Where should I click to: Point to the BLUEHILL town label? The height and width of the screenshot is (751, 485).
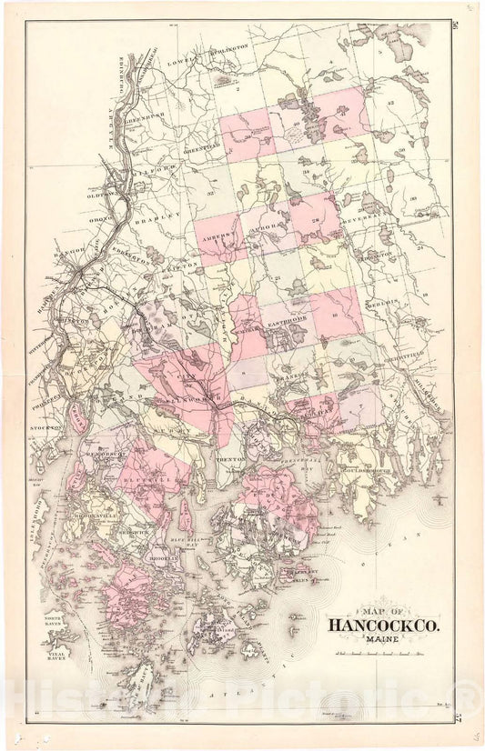click(149, 474)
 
